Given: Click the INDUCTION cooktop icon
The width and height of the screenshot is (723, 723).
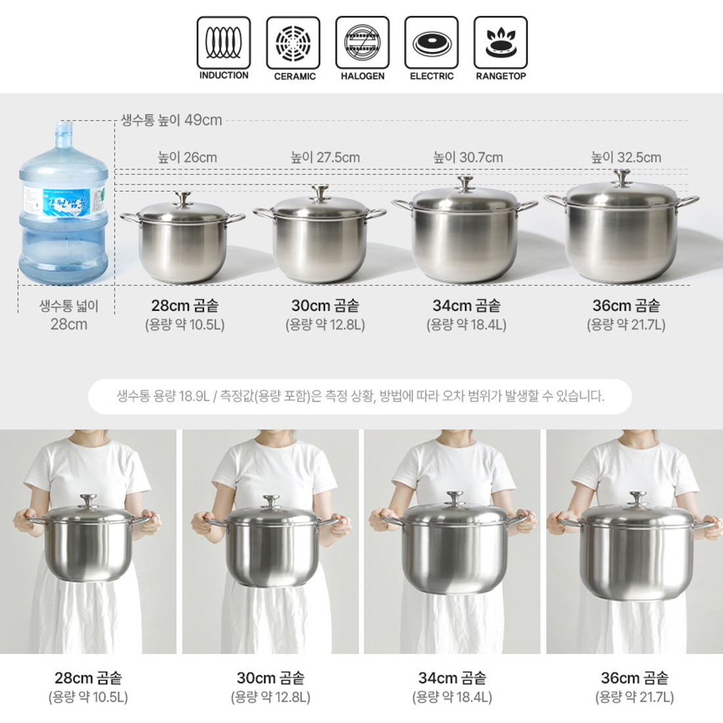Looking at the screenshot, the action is point(223,43).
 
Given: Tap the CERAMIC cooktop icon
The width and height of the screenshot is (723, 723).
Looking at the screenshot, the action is point(292,43).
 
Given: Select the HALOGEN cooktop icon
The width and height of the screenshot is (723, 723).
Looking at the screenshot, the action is point(362,43).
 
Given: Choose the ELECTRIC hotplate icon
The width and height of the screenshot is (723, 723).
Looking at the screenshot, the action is point(432,43).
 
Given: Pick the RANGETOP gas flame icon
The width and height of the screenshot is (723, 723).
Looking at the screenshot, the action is point(501,43).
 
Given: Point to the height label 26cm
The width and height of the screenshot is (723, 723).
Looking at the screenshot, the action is point(187,158).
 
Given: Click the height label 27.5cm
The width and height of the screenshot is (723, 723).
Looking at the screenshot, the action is point(325,158).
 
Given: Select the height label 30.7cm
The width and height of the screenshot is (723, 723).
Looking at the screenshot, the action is point(468,158).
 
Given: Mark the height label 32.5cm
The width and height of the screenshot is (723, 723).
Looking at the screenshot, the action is point(626,158).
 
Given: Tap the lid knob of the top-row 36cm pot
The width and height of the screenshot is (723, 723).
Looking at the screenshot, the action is point(622,177).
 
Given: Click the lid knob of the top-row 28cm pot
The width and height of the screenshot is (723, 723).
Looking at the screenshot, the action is point(183,199).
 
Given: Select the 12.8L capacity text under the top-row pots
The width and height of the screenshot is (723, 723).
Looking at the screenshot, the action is point(325,325).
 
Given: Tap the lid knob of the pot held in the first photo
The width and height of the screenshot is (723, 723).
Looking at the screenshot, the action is point(88,501).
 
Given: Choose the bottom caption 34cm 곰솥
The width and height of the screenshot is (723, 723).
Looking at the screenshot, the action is point(452,678).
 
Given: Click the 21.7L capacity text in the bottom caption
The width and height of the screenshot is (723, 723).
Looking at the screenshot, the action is point(634,697).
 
